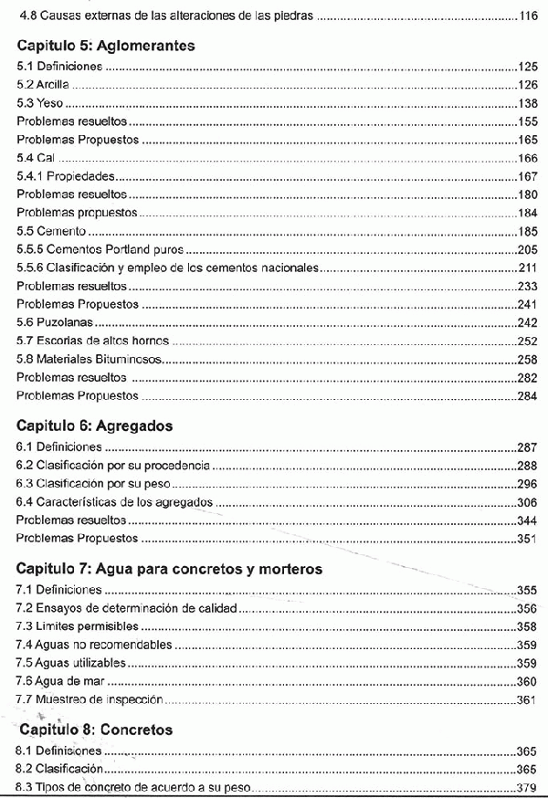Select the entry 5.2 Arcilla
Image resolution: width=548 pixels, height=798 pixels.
(43, 85)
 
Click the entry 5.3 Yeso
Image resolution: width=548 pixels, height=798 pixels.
(40, 103)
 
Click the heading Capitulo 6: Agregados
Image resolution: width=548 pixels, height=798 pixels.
(95, 425)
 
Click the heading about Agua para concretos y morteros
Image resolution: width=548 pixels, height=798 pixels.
(170, 569)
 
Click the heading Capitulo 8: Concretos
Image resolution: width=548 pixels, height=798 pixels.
(95, 730)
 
